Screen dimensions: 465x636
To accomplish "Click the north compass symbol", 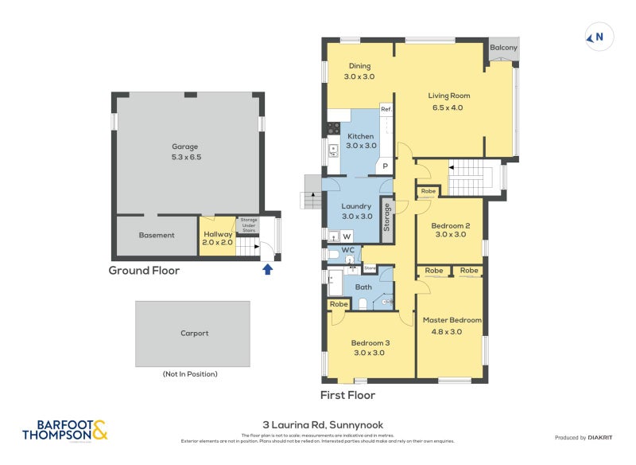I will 597,37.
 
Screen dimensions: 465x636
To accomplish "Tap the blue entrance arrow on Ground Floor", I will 267,270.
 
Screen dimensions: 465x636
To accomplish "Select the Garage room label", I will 185,147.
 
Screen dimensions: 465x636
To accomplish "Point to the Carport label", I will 193,334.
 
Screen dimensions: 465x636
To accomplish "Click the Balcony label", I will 503,48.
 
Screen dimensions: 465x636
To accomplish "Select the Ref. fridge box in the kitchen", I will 386,109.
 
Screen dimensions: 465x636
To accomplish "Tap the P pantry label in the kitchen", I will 386,166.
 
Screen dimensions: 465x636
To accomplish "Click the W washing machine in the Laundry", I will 347,236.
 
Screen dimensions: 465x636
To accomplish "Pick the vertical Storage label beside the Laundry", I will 387,217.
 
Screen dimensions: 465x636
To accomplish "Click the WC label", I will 347,251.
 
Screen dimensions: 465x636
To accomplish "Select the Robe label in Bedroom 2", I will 428,191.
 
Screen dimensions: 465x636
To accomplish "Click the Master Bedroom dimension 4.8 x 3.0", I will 452,331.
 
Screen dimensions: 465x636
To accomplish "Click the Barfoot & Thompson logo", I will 64,430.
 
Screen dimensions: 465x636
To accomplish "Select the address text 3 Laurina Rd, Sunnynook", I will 317,424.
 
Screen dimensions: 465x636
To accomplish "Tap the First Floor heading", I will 347,395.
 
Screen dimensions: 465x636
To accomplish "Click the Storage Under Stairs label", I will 249,225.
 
